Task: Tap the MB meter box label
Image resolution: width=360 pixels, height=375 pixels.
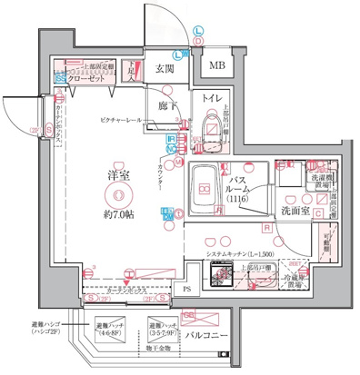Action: pos(217,65)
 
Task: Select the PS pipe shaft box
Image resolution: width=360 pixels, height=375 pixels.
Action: pos(186,291)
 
